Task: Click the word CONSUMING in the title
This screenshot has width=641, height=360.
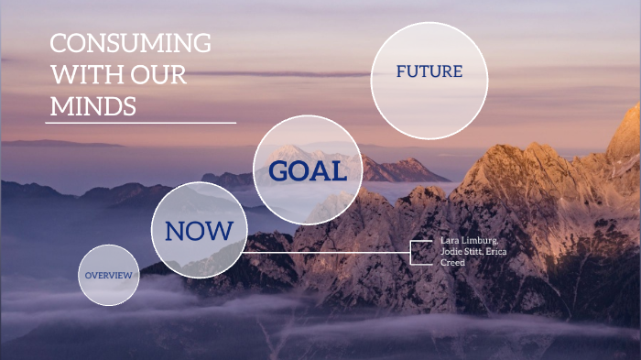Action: point(130,44)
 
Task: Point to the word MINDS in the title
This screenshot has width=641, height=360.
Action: point(93,106)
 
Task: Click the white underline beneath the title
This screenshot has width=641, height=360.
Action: point(140,122)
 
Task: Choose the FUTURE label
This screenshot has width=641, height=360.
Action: point(429,71)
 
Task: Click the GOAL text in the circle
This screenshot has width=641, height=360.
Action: point(308,170)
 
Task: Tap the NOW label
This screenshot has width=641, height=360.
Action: point(199,230)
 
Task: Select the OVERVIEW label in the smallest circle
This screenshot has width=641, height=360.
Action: point(109,276)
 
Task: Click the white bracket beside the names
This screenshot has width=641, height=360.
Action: point(413,252)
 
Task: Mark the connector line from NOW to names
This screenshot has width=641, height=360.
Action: point(330,252)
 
